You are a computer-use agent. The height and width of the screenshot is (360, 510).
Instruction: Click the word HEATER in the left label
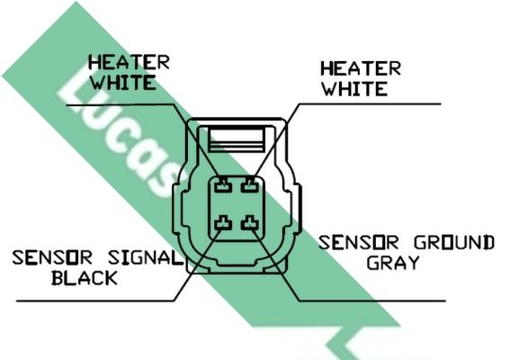tap(129, 63)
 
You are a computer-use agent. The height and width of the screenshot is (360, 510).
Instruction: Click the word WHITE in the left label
tap(123, 83)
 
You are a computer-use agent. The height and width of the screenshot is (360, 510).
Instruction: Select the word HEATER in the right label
tap(361, 68)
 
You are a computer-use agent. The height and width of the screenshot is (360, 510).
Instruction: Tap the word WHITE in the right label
tap(355, 88)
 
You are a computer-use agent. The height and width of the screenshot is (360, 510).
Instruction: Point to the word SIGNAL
tap(145, 257)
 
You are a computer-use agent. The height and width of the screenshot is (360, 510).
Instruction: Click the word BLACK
tap(85, 278)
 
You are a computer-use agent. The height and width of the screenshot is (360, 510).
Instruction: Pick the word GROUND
tap(454, 242)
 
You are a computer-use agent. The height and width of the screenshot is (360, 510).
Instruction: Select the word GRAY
tap(393, 263)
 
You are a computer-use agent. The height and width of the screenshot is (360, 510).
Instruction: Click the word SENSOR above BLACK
tap(52, 257)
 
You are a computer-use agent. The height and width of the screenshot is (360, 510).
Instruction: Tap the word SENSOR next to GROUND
tap(358, 242)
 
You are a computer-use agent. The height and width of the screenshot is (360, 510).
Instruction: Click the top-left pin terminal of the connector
tap(223, 186)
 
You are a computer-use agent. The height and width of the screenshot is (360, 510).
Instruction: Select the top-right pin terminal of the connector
tap(250, 186)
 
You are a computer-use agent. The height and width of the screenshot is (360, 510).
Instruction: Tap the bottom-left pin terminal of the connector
tap(223, 223)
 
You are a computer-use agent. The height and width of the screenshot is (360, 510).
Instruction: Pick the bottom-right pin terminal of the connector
tap(250, 223)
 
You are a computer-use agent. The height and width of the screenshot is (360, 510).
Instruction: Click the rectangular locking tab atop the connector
tap(237, 139)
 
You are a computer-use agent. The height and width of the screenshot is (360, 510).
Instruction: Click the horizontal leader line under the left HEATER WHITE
tap(121, 105)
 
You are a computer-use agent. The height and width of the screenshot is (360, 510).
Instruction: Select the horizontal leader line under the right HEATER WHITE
tap(370, 104)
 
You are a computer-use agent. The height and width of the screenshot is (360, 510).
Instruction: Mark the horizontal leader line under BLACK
tap(95, 301)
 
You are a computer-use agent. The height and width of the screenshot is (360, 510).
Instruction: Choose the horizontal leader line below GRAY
tap(372, 301)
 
